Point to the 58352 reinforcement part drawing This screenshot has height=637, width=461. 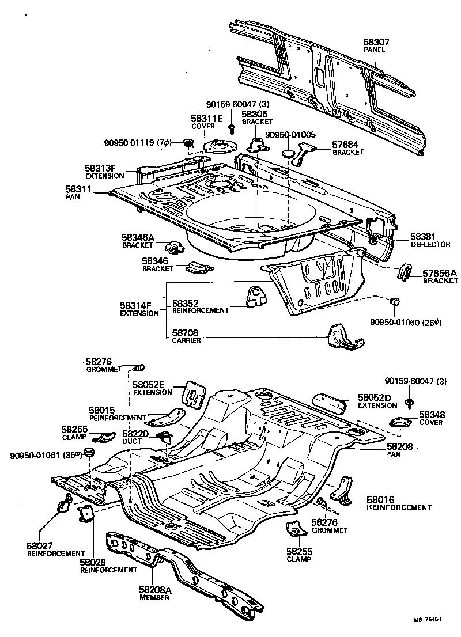(x=254, y=295)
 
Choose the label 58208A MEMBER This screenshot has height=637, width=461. (x=154, y=593)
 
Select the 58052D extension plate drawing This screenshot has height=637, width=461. (x=330, y=403)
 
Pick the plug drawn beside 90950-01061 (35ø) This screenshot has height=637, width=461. (x=89, y=451)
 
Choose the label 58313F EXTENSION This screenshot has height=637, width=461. (x=104, y=172)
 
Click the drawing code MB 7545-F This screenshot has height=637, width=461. (x=428, y=620)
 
